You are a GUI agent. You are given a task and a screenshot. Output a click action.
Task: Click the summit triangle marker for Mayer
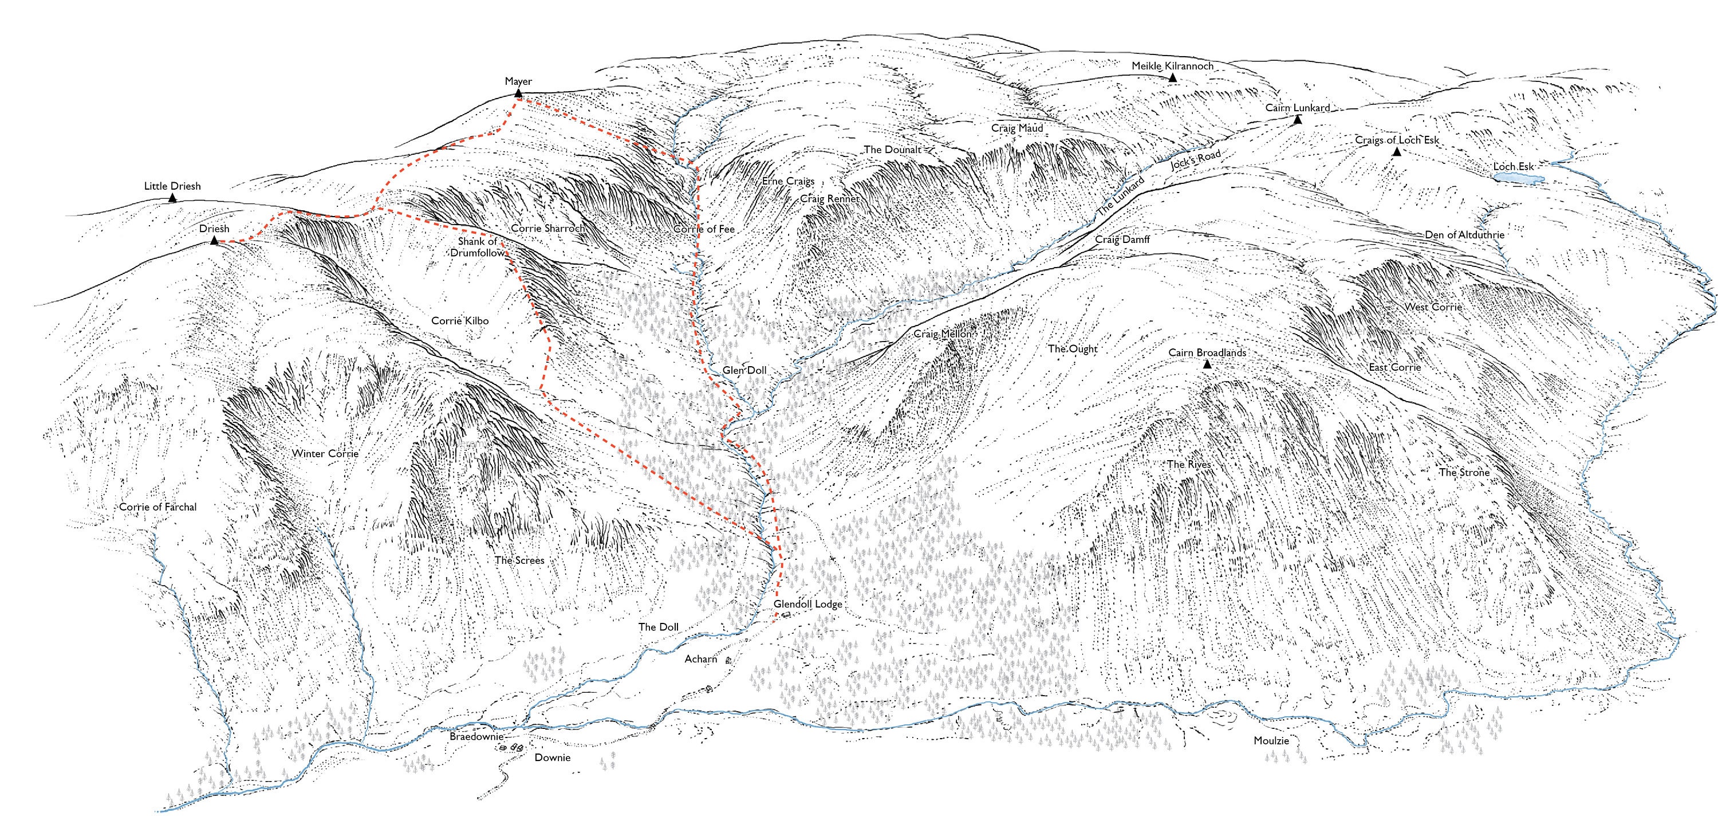(x=518, y=93)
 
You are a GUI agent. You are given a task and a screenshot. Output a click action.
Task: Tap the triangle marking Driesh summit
(x=214, y=240)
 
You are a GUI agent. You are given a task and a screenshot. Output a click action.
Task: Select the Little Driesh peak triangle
(x=173, y=198)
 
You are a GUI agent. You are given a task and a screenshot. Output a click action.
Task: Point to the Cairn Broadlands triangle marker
(x=1207, y=364)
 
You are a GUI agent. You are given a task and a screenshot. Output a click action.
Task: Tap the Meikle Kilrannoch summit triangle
(x=1172, y=77)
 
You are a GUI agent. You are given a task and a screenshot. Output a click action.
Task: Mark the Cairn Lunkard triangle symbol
(x=1298, y=119)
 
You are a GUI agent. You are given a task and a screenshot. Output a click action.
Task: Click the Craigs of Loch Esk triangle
(x=1397, y=152)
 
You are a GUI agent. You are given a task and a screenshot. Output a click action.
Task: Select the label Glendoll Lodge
(x=807, y=604)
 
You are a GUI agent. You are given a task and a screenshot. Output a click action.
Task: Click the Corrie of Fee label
(x=704, y=229)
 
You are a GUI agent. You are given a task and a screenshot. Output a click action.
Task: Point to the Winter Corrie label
(x=325, y=453)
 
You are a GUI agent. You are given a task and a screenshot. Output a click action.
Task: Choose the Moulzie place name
(x=1271, y=740)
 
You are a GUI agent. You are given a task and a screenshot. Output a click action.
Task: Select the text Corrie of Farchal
(x=158, y=507)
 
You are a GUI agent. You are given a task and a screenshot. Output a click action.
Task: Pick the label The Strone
(x=1464, y=472)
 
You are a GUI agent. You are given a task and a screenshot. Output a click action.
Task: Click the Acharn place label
(x=701, y=658)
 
